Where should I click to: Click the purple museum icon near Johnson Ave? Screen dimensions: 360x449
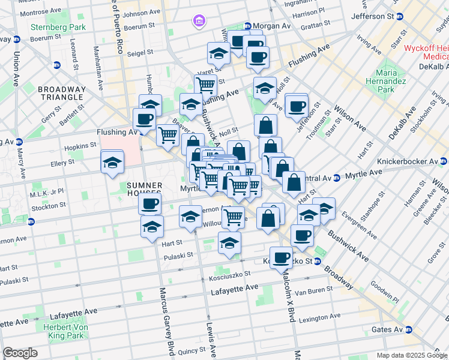point(198,22)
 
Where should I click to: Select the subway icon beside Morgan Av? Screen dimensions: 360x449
point(247,26)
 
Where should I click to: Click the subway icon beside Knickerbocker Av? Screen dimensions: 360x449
point(443,161)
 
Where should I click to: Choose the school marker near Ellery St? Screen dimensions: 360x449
point(112,162)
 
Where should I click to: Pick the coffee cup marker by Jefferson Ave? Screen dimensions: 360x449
point(296,106)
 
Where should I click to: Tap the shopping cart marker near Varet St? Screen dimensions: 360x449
point(206,86)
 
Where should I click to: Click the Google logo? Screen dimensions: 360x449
point(20,353)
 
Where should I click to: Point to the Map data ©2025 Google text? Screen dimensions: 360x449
point(411,355)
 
